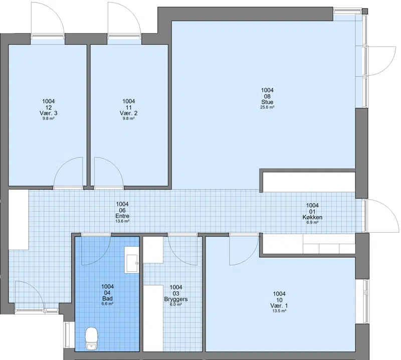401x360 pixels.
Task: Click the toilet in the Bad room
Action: (92, 339)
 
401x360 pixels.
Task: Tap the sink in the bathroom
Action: (132, 260)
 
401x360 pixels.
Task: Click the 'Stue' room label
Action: (267, 102)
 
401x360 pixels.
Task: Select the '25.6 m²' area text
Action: (267, 107)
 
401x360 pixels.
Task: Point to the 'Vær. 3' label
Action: (48, 113)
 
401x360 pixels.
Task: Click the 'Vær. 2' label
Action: (128, 113)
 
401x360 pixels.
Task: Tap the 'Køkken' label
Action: (312, 217)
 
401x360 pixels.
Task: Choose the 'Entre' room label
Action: (122, 216)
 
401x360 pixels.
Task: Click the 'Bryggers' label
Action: (176, 299)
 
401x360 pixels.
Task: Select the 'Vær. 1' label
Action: (279, 306)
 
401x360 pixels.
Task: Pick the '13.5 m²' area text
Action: (279, 311)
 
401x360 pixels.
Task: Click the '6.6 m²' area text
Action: (107, 304)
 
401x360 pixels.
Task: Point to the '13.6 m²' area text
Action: (122, 221)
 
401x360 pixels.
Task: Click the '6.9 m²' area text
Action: (312, 223)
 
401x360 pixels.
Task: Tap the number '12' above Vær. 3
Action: (48, 107)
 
